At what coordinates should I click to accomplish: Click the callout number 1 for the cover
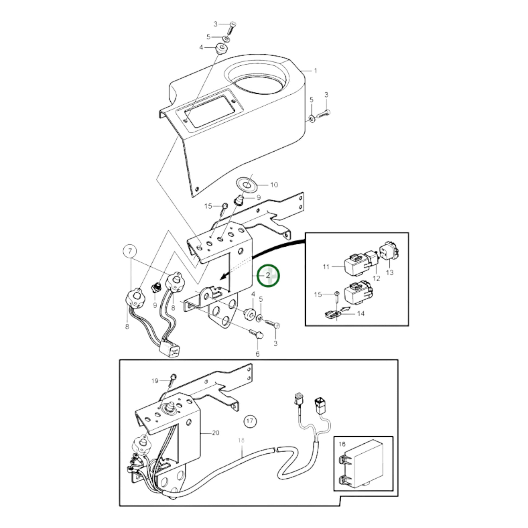(x=316, y=71)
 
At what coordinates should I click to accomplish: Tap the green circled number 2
(x=268, y=276)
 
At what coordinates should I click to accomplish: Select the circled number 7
(x=130, y=251)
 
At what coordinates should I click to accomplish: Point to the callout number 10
(x=274, y=185)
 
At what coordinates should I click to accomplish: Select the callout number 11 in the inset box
(x=326, y=266)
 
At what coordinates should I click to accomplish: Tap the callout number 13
(x=390, y=272)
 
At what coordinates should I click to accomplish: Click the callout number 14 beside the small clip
(x=361, y=313)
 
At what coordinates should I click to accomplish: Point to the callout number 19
(x=155, y=381)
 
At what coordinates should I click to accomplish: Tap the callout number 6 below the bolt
(x=257, y=354)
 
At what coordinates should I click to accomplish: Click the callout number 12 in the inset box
(x=376, y=278)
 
